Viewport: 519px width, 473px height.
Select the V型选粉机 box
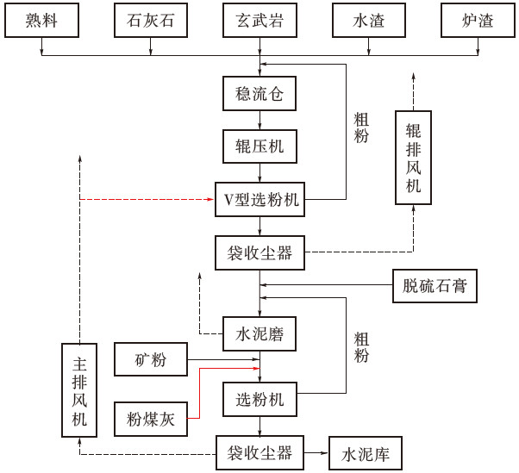259,200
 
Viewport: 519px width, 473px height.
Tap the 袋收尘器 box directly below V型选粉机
259,253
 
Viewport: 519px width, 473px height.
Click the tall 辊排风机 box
413,157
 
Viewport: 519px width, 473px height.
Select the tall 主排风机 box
79,389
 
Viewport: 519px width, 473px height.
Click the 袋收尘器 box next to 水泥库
259,452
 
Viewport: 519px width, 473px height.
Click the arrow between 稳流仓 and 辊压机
259,120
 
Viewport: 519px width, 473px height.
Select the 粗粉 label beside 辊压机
361,128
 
